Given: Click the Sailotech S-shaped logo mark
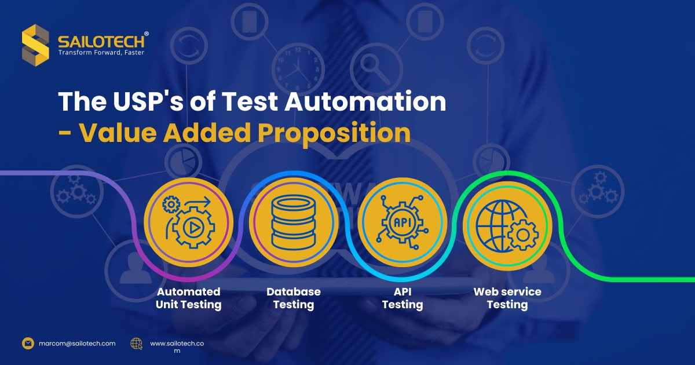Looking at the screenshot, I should pos(35,45).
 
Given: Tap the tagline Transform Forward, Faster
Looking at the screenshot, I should pos(101,53).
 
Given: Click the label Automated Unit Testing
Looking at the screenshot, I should pos(188,298).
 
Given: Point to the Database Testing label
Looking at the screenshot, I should pos(294,298).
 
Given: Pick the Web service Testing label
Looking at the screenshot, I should pos(507,298).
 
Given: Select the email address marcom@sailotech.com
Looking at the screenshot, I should pos(77,344).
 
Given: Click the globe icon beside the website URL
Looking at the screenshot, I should pos(137,344).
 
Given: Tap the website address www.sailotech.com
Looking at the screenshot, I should pos(177,346).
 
